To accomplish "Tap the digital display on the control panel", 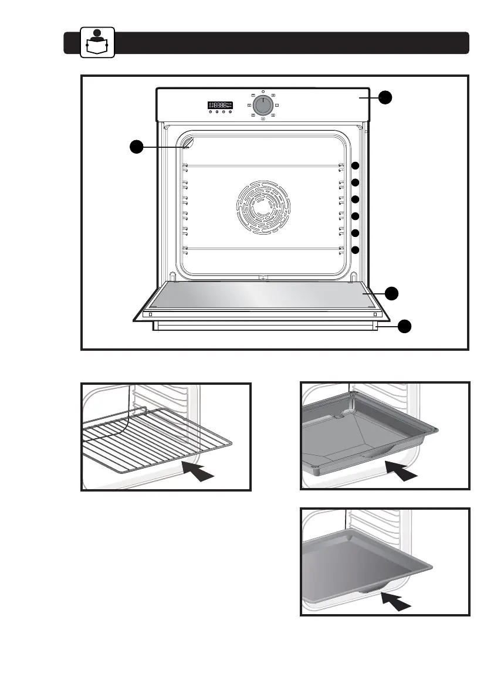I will pos(220,106).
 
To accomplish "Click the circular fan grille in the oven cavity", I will pos(263,208).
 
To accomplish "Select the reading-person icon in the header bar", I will pos(97,43).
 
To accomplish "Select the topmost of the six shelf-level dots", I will pos(356,166).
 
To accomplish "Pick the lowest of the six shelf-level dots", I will pos(356,250).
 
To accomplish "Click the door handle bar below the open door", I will pos(264,326).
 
